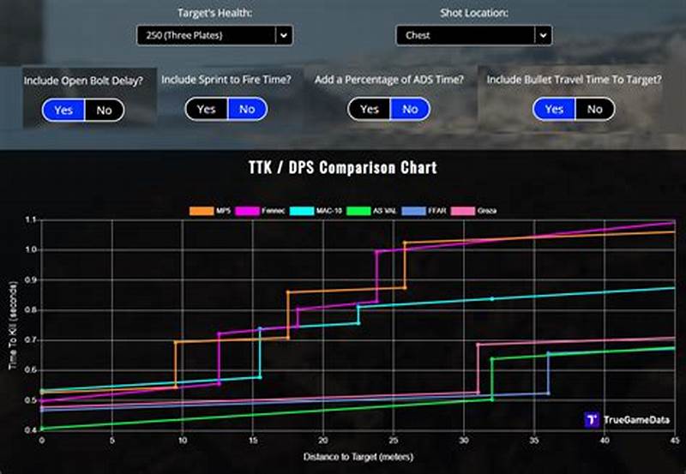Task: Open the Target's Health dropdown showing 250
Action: (214, 35)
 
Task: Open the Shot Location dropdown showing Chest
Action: (473, 35)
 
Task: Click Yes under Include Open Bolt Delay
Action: (63, 110)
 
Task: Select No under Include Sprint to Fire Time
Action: (247, 109)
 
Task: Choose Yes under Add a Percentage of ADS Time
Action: (370, 109)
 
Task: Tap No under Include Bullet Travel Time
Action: (594, 109)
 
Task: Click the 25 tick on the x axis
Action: (394, 440)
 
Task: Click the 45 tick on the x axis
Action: (673, 440)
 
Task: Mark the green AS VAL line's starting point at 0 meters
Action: (42, 428)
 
